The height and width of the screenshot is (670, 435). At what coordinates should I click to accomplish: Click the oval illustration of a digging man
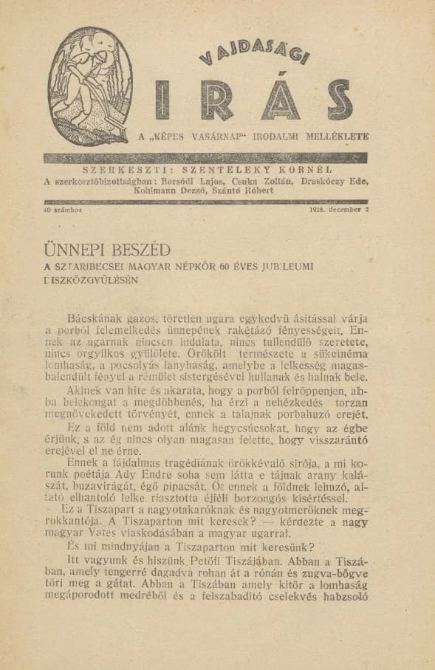click(91, 86)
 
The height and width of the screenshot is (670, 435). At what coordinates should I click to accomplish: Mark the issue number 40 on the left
click(49, 209)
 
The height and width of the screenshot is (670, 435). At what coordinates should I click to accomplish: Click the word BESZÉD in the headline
click(136, 249)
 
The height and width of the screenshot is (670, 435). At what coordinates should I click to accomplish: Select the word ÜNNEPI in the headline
click(72, 249)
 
